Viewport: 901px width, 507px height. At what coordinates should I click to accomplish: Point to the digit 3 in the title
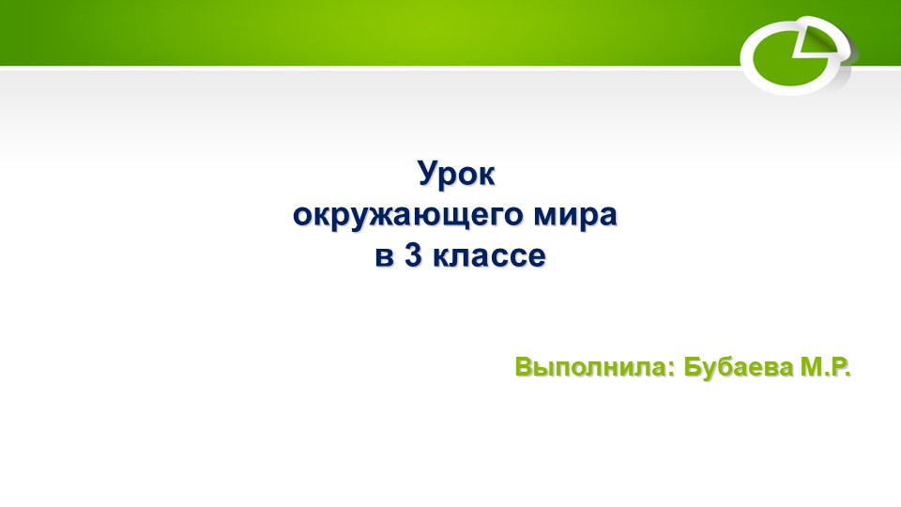coord(411,255)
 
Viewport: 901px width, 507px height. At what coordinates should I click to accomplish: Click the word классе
coord(488,256)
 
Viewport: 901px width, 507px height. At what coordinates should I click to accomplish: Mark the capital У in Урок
coord(425,176)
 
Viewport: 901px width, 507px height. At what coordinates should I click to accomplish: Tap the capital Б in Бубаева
coord(694,367)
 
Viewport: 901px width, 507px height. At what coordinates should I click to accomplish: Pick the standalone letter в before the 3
coord(384,256)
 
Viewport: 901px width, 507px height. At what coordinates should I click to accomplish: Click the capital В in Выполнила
coord(524,367)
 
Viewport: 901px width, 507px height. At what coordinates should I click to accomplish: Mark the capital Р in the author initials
coord(838,367)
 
